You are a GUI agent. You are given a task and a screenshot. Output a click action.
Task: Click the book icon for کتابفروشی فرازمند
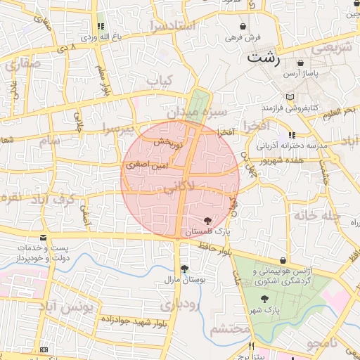pos(291,97)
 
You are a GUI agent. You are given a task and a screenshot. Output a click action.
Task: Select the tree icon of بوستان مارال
pos(184,269)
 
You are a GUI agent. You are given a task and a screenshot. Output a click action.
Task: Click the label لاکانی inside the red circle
pos(179,188)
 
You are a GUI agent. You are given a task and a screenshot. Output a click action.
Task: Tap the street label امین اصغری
pos(148,166)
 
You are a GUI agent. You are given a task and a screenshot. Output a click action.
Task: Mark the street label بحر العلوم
pos(341,110)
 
